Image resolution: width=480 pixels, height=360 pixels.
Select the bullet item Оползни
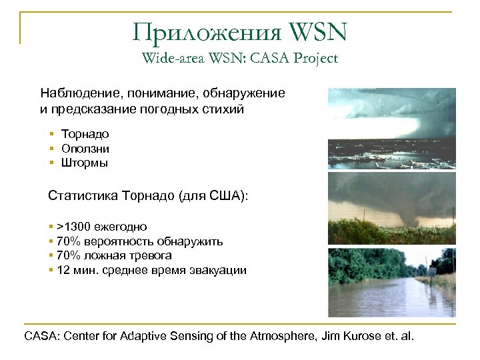pos(85,149)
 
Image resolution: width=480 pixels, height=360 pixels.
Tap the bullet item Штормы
pos(84,163)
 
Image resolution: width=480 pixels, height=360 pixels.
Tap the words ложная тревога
pos(127,255)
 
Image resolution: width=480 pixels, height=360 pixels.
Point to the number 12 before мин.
pos(63,270)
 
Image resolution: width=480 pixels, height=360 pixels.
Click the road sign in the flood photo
pos(433,271)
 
